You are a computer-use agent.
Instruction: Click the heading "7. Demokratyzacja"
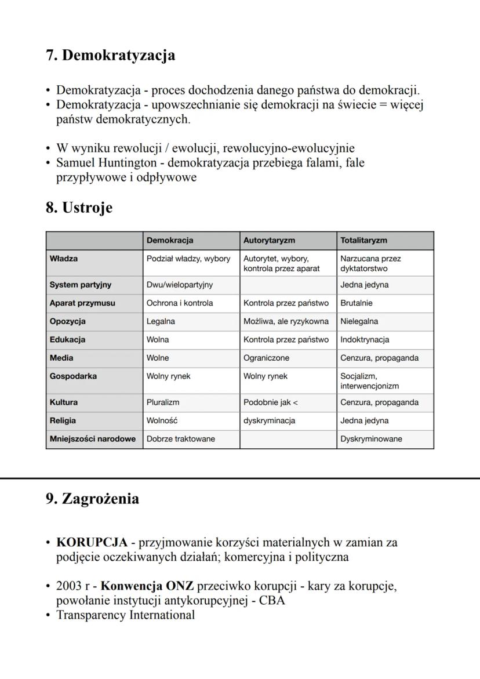tap(110, 56)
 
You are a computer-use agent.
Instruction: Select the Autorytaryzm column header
tap(269, 241)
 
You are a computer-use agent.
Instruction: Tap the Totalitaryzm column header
tap(363, 241)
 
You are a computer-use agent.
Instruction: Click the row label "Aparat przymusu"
tap(82, 303)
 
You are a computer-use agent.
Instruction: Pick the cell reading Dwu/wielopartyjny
tap(180, 285)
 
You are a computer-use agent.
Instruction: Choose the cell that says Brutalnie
tap(357, 303)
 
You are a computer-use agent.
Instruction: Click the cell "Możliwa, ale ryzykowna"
tap(286, 321)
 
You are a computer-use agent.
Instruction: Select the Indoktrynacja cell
tap(365, 340)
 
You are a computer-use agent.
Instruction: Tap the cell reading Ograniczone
tap(266, 358)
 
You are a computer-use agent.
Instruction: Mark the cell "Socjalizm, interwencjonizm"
tap(369, 381)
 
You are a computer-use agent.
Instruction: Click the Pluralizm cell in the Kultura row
tap(163, 402)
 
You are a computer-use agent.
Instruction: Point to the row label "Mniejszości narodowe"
tap(93, 439)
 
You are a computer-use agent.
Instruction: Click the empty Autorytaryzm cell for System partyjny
tap(288, 285)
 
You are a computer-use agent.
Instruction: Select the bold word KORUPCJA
tap(92, 543)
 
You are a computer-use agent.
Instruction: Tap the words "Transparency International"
tap(125, 615)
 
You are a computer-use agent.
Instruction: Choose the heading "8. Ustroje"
tap(79, 208)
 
